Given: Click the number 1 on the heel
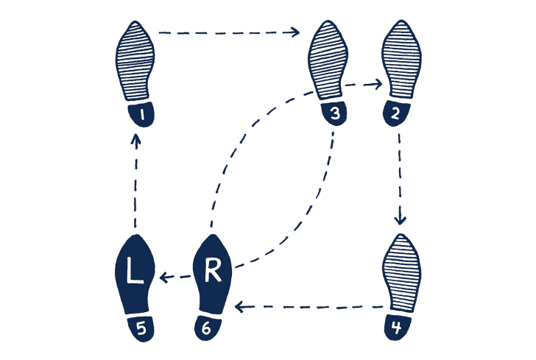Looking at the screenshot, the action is [x=142, y=116].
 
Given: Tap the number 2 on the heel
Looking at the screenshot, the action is [x=395, y=114].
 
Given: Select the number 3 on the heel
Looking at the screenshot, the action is [x=335, y=113].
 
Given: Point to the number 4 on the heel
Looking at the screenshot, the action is [x=397, y=328].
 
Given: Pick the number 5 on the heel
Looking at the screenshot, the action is [x=141, y=329].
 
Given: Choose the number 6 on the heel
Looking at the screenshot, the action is [x=206, y=328].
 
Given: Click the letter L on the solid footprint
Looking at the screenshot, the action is [x=135, y=270].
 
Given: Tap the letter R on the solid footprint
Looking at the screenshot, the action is [x=213, y=270].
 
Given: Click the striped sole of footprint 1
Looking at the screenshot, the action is [x=135, y=61].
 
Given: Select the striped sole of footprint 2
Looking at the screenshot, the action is [x=401, y=59].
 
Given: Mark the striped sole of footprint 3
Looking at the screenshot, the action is [x=328, y=60].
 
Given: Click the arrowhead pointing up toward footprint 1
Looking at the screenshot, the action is [x=136, y=140].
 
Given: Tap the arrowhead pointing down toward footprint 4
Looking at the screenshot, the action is [x=401, y=219].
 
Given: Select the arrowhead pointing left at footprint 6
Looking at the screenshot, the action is [x=239, y=307].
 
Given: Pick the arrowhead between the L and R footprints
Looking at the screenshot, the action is [x=164, y=277].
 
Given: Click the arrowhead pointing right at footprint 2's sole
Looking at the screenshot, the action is [x=378, y=84].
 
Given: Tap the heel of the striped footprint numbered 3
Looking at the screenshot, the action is [x=334, y=113].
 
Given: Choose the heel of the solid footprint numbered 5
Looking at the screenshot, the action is [x=141, y=328].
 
